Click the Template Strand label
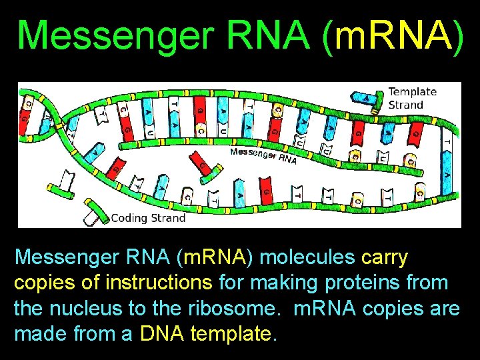click(411, 98)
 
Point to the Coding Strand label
click(148, 217)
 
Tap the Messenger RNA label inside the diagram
click(263, 155)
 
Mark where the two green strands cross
click(63, 123)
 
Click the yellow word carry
click(385, 257)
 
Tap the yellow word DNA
click(163, 334)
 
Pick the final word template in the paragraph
click(233, 334)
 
